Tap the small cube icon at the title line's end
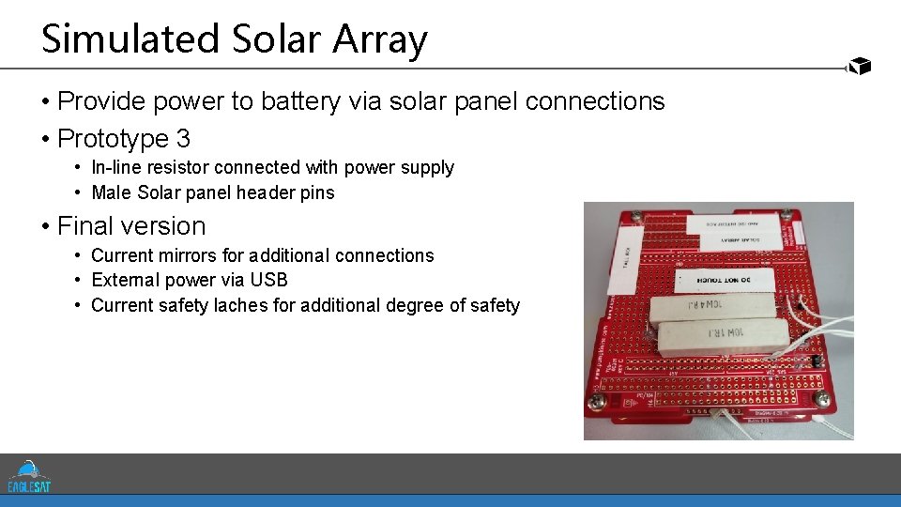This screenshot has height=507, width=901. coord(859,66)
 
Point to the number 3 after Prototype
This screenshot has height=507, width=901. coord(183,139)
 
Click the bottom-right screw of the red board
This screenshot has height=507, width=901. coord(823,399)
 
